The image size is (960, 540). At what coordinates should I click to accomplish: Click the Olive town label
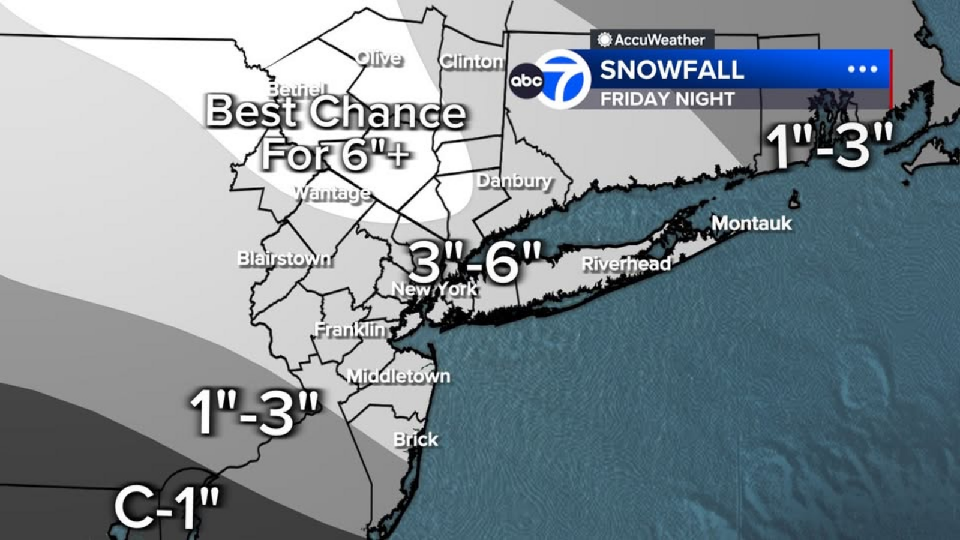click(379, 58)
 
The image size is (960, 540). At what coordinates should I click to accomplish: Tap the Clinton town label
click(472, 61)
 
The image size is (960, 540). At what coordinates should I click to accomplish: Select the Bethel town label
click(297, 89)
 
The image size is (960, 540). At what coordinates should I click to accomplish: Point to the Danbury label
click(514, 181)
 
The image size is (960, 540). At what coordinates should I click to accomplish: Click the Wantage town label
click(332, 193)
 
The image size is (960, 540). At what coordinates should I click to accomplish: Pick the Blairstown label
click(284, 259)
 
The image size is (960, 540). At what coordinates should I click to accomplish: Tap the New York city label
click(434, 289)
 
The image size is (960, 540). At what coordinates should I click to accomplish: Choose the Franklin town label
click(350, 329)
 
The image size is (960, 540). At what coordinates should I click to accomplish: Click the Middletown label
click(398, 376)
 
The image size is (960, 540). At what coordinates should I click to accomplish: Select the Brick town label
click(415, 439)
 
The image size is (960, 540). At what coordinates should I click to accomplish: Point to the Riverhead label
click(626, 263)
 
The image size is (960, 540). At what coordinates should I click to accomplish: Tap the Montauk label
click(751, 223)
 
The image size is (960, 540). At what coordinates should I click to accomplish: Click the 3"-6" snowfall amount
click(475, 262)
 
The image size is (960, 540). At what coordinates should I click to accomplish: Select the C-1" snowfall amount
click(167, 507)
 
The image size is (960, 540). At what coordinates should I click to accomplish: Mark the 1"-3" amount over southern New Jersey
click(255, 412)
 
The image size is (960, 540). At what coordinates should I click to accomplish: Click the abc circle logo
click(526, 80)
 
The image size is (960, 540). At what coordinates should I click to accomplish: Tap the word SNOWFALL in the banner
click(672, 70)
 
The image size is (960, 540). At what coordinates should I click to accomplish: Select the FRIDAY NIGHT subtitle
click(667, 99)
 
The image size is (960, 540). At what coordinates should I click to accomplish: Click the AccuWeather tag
click(652, 40)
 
